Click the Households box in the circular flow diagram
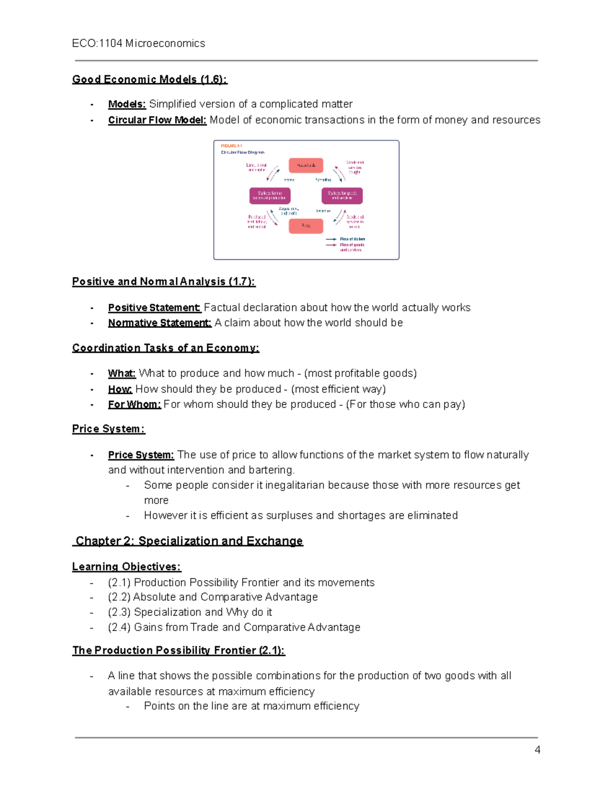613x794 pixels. [305, 165]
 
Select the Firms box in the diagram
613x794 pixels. [305, 225]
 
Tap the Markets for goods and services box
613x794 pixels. [342, 195]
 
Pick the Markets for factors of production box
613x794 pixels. [270, 195]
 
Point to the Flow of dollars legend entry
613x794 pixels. [352, 239]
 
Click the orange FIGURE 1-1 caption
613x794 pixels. [231, 146]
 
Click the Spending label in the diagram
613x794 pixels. [323, 180]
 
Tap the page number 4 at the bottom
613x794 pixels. [537, 750]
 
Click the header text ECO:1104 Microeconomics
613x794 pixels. [138, 43]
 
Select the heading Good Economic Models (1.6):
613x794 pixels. [149, 79]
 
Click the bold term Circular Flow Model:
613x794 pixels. [157, 120]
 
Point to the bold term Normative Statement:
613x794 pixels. [159, 323]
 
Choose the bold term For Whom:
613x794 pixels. [134, 404]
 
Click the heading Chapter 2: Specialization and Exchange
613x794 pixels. [189, 541]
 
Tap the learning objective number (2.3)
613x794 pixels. [119, 612]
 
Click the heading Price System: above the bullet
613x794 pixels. [108, 429]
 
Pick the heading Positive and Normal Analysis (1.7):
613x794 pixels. [163, 282]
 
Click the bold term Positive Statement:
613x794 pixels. [154, 308]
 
